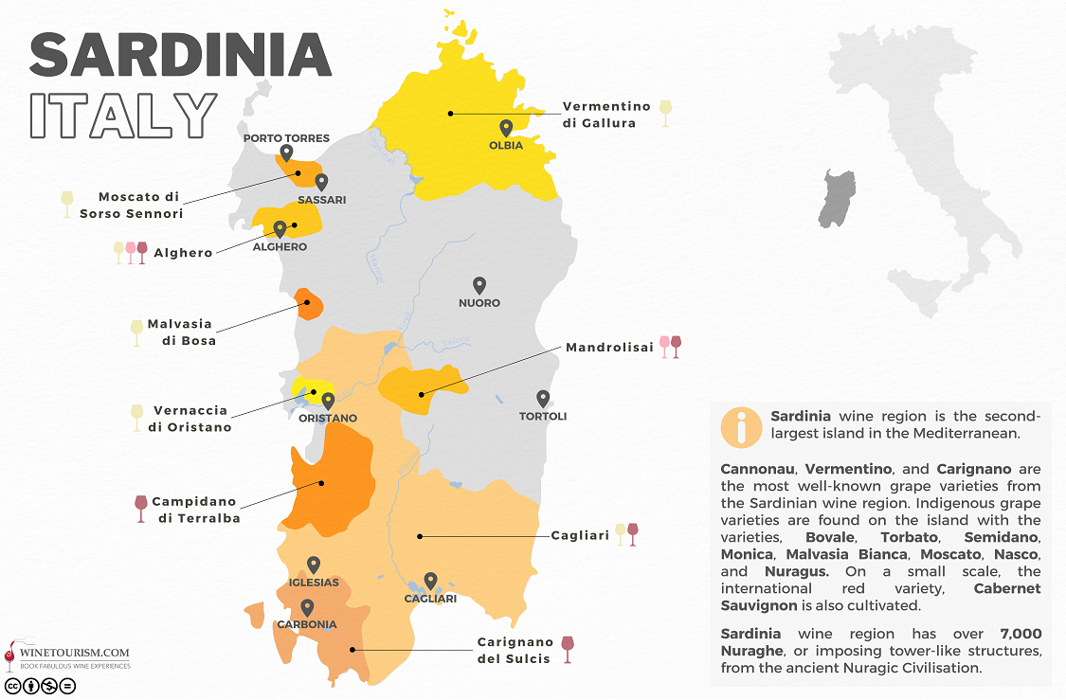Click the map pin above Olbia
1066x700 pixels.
coord(506,128)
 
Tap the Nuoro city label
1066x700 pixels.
coord(479,303)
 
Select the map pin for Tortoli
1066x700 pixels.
coord(543,399)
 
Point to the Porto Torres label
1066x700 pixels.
coord(286,138)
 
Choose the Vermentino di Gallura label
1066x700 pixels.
coord(606,115)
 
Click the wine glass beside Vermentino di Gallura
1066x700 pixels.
coord(665,113)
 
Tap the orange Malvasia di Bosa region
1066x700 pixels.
coord(309,305)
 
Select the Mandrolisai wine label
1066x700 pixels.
coord(609,348)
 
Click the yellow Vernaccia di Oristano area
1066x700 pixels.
coord(305,388)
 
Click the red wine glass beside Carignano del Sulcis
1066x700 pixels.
coord(568,648)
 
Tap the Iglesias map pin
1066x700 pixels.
coord(314,565)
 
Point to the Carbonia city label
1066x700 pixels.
coord(306,624)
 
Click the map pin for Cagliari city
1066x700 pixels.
coord(430,581)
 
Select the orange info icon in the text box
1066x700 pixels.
coord(741,427)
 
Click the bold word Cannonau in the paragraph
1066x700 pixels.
coord(758,469)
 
